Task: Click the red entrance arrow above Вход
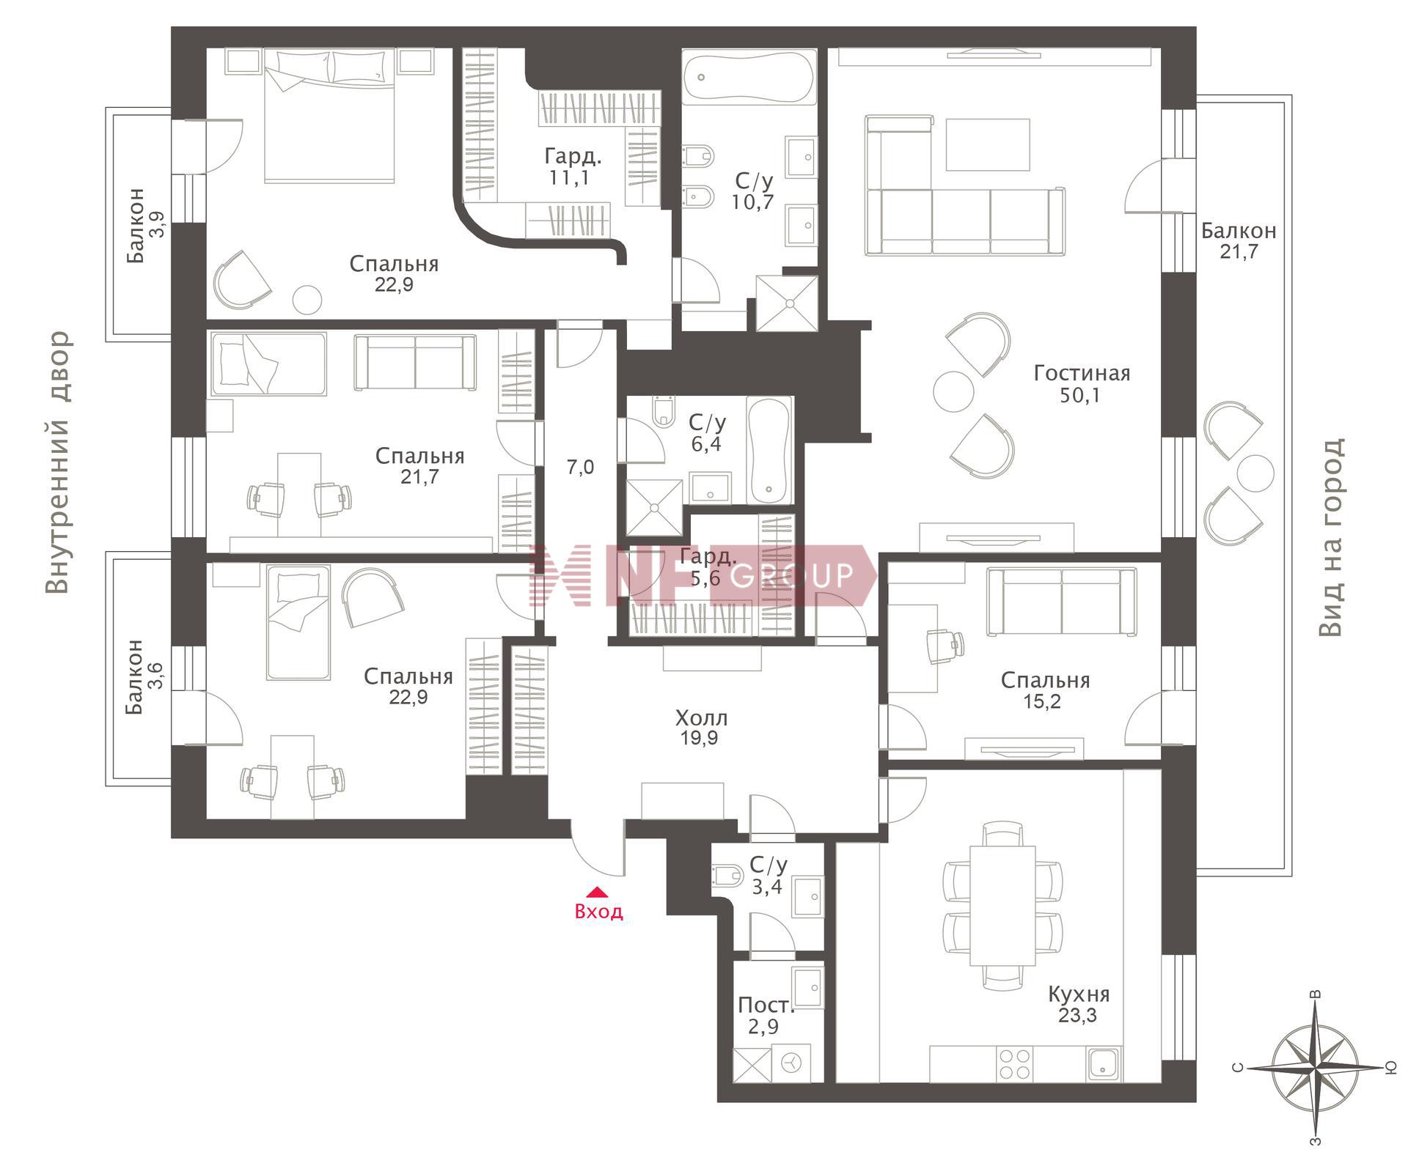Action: tap(598, 892)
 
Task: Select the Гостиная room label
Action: tap(1082, 374)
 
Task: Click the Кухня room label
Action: tap(1078, 994)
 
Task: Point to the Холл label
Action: tap(701, 717)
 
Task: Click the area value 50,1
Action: tap(1080, 396)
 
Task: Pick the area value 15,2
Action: tap(1042, 702)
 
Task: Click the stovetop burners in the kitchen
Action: tap(1015, 1063)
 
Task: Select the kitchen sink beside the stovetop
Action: tap(1104, 1063)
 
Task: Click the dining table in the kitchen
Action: tap(1002, 906)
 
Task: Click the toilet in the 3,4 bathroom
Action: tap(726, 876)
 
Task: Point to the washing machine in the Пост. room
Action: tap(791, 1063)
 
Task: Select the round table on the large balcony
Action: tap(1255, 474)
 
